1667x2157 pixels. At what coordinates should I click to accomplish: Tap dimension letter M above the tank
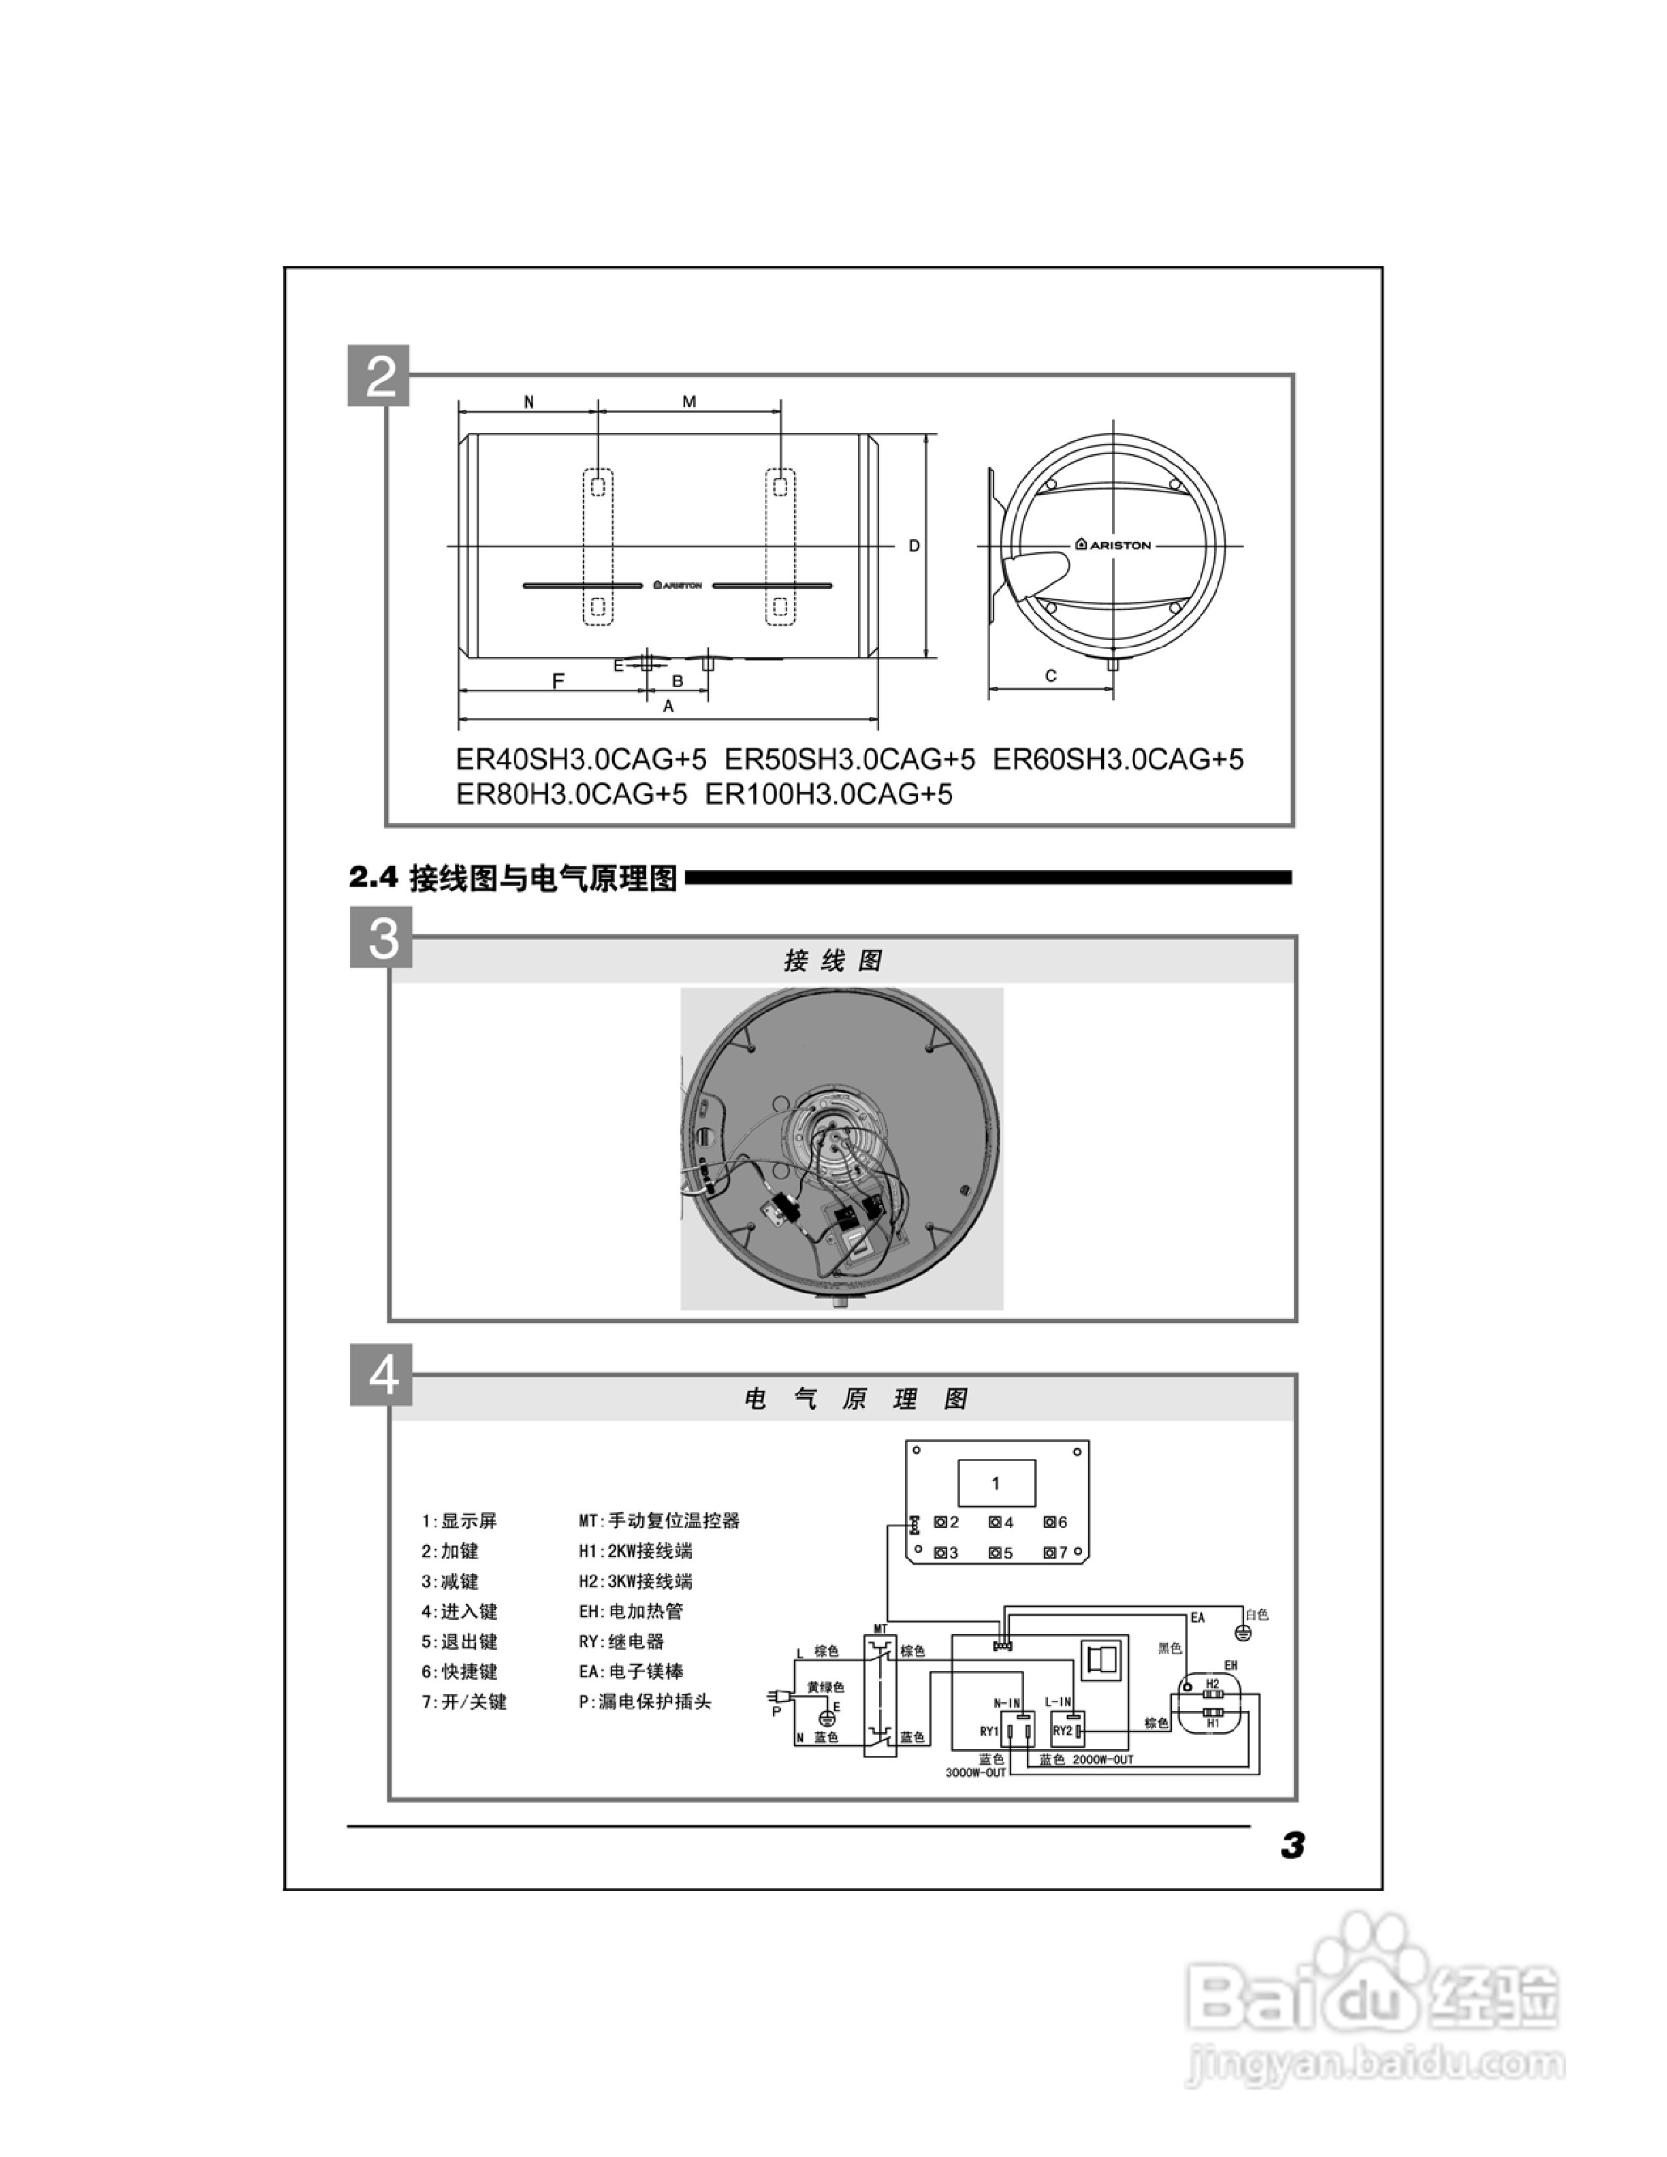(689, 401)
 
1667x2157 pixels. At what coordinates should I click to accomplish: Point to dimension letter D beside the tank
(915, 546)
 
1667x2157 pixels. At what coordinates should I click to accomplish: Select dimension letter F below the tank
(558, 680)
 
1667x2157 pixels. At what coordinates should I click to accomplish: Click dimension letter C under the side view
(1051, 675)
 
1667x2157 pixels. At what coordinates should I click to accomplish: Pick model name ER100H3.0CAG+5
(829, 794)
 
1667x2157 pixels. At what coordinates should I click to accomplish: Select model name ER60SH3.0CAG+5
(1118, 759)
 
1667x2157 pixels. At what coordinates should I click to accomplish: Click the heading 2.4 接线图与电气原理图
(513, 878)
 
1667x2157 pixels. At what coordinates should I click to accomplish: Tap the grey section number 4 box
(381, 1374)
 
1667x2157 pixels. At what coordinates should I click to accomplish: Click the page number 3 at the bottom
(1292, 1845)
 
